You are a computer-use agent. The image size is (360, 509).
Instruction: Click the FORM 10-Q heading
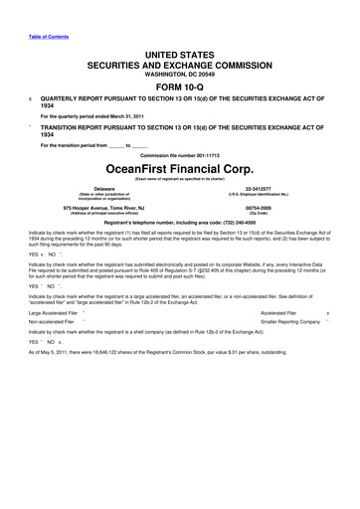click(x=179, y=81)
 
